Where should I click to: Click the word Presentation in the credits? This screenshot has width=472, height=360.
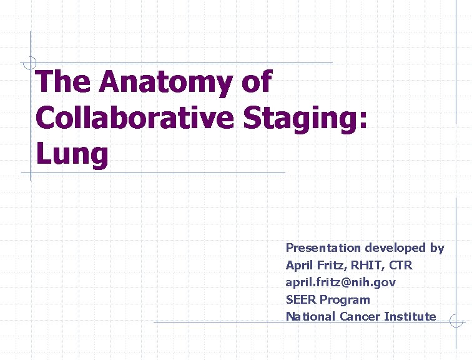pyautogui.click(x=323, y=248)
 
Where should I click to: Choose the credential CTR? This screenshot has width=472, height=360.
pyautogui.click(x=401, y=265)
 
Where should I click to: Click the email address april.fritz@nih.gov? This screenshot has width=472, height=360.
pyautogui.click(x=340, y=282)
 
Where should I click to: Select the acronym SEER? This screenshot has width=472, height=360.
pyautogui.click(x=301, y=299)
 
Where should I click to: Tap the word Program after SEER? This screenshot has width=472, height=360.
pyautogui.click(x=345, y=299)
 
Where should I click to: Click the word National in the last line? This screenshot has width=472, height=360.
pyautogui.click(x=310, y=316)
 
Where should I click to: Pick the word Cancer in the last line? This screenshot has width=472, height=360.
pyautogui.click(x=360, y=316)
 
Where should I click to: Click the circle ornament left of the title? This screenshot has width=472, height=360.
pyautogui.click(x=29, y=63)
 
